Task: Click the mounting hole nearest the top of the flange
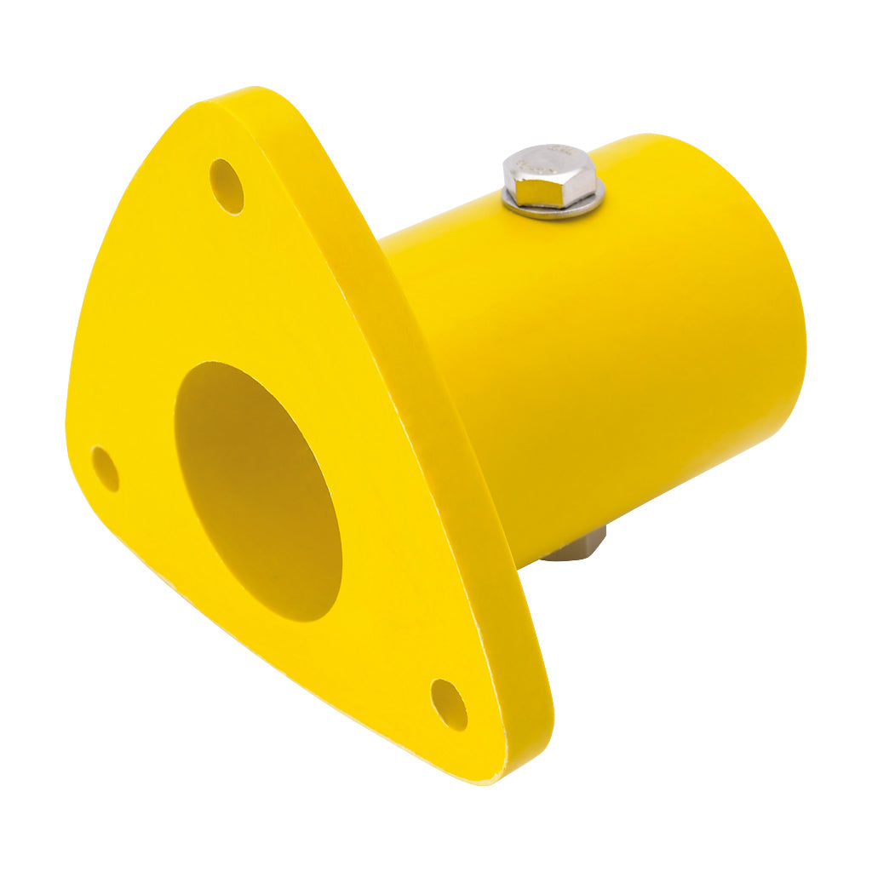click(227, 186)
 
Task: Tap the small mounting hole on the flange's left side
click(106, 468)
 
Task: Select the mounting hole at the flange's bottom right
click(449, 704)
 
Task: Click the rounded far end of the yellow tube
click(766, 281)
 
